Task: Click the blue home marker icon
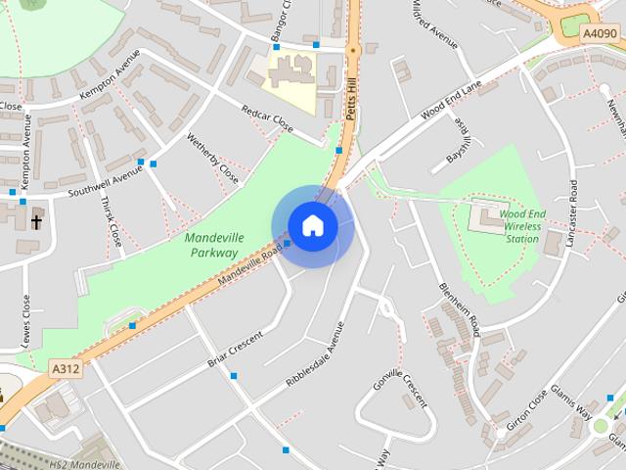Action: pos(312,225)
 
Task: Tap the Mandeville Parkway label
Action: pos(210,245)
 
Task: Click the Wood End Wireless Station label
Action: pos(521,225)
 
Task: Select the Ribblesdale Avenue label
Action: pos(316,356)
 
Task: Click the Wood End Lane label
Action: pos(452,101)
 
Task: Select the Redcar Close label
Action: pos(270,121)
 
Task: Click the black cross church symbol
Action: pos(36,221)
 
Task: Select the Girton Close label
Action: pos(529,417)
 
